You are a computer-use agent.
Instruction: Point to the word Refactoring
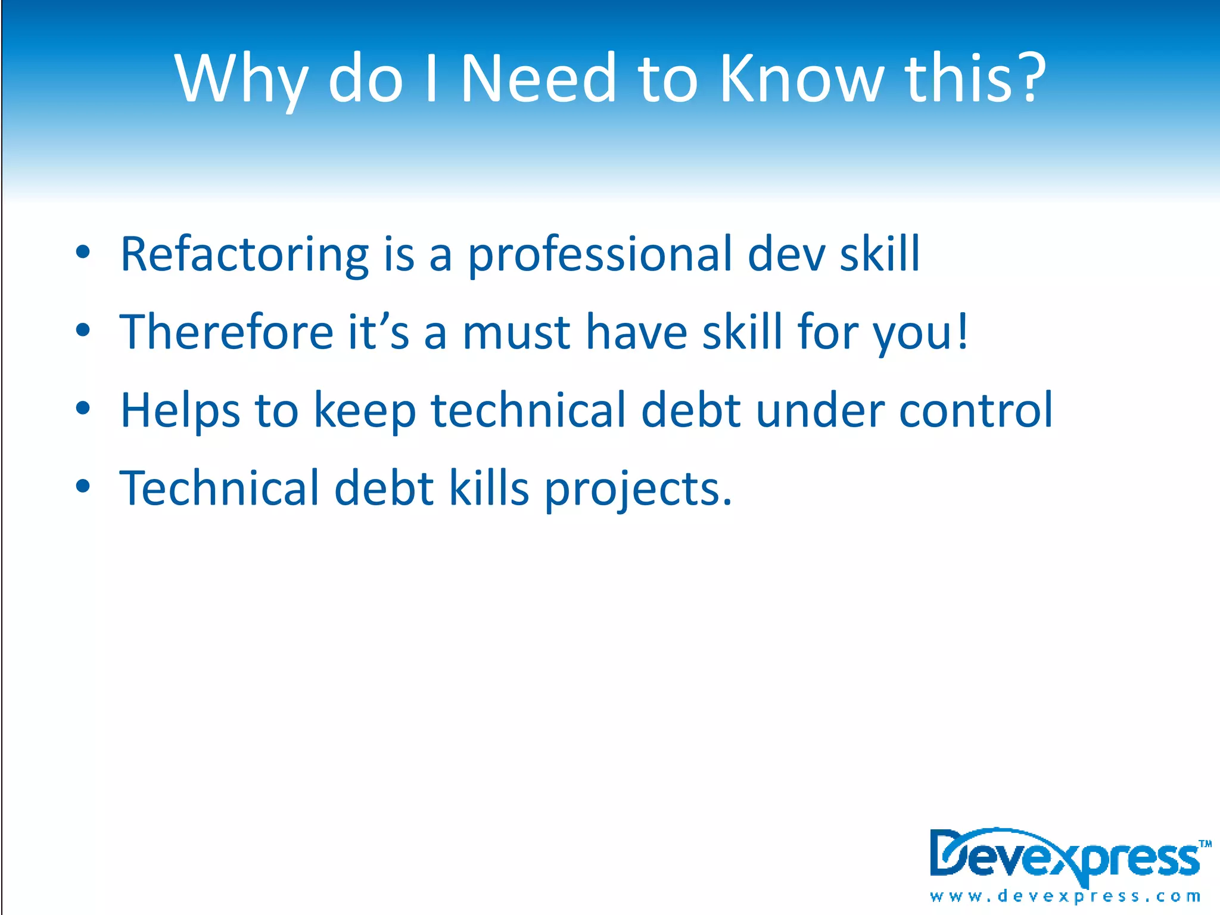pyautogui.click(x=244, y=255)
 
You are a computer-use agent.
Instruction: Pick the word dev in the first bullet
pyautogui.click(x=786, y=255)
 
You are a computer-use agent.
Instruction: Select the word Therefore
pyautogui.click(x=226, y=332)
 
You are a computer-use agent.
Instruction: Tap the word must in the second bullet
pyautogui.click(x=516, y=333)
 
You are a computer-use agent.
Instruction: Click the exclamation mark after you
pyautogui.click(x=961, y=332)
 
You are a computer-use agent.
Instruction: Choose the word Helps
pyautogui.click(x=180, y=411)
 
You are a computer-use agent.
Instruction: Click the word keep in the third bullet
pyautogui.click(x=365, y=411)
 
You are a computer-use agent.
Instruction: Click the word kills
pyautogui.click(x=488, y=488)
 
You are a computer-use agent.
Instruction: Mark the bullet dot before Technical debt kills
pyautogui.click(x=83, y=486)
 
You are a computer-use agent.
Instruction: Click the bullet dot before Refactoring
pyautogui.click(x=83, y=252)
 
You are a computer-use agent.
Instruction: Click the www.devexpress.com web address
pyautogui.click(x=1065, y=896)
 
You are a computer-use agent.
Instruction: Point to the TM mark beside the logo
pyautogui.click(x=1205, y=844)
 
